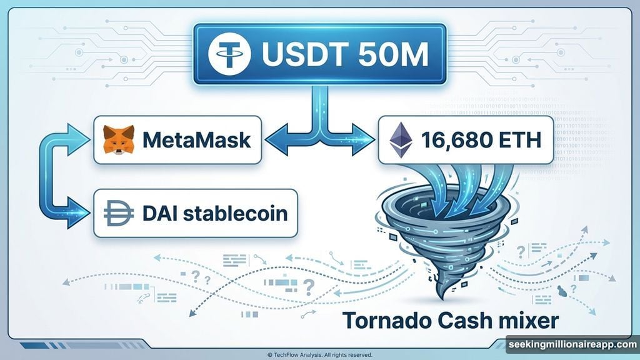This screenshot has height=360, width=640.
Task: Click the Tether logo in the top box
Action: (x=229, y=55)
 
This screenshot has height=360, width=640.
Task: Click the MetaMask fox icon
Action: (x=119, y=139)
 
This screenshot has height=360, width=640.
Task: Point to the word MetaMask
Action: (x=197, y=140)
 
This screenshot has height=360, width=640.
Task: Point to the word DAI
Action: (x=164, y=214)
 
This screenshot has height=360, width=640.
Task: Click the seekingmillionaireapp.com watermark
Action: (x=571, y=344)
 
